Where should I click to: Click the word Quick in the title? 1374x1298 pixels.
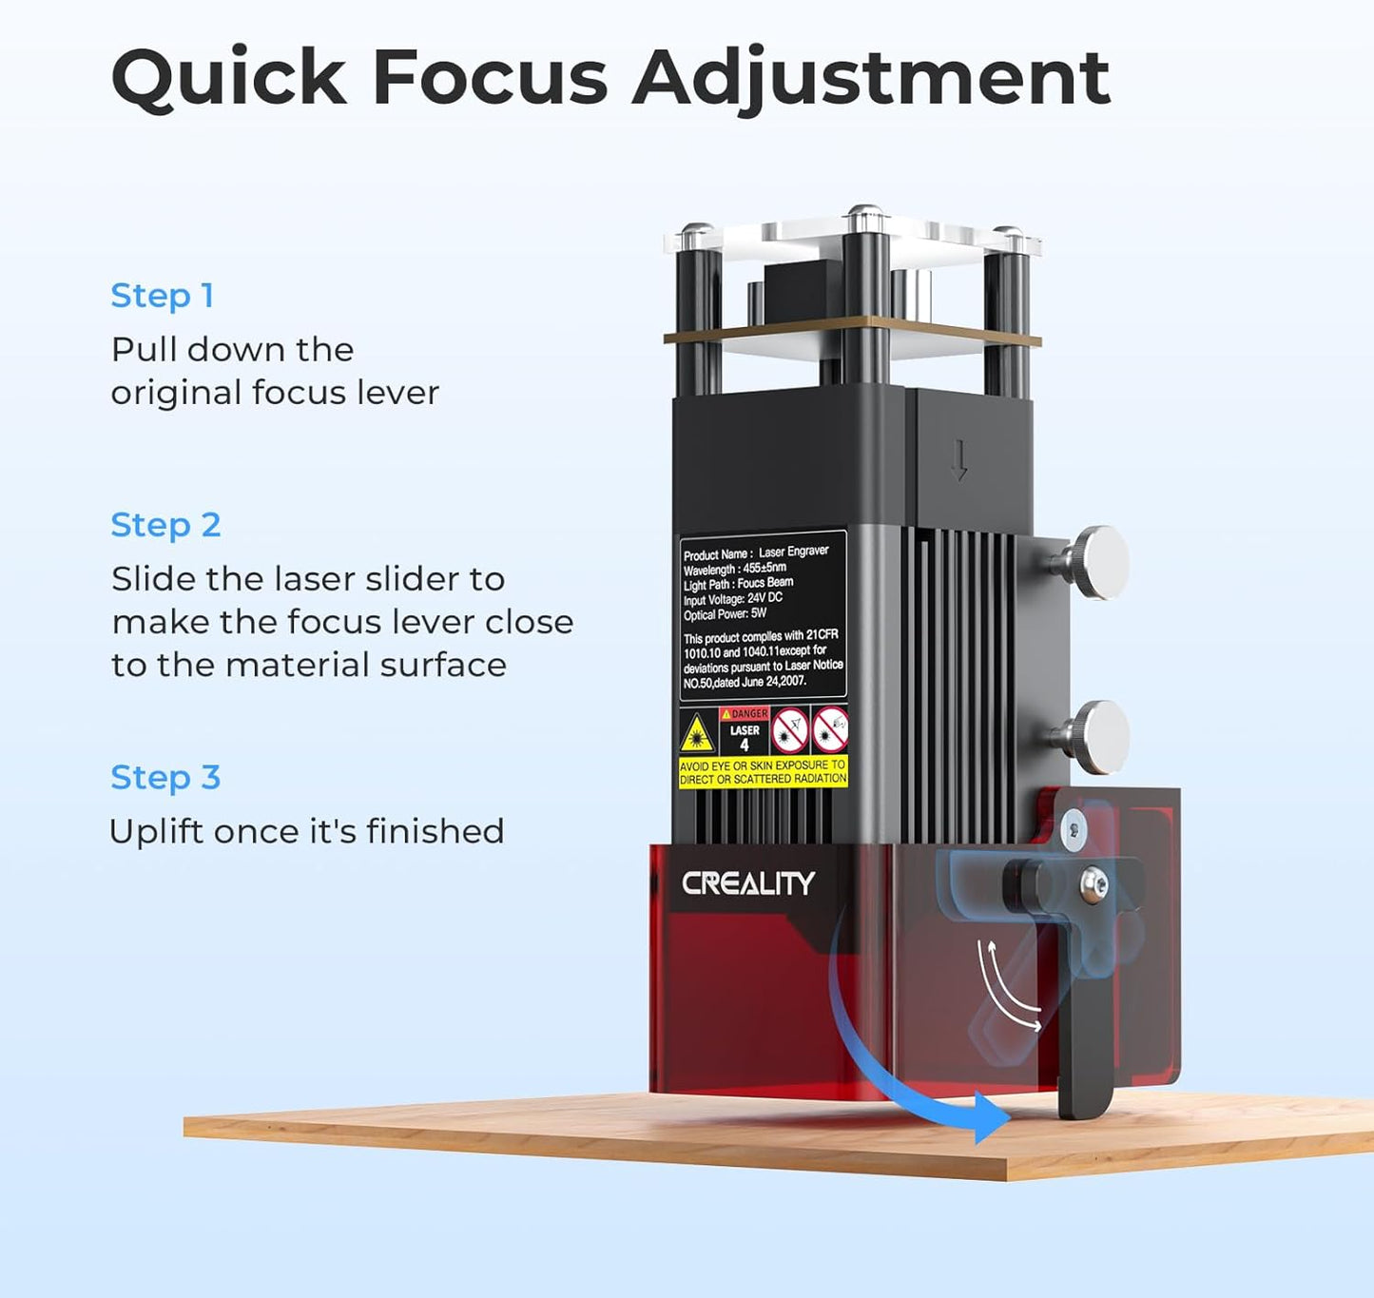[x=228, y=77]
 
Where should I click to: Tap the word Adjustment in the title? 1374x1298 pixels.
[x=871, y=77]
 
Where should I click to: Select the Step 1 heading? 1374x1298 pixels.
[x=163, y=296]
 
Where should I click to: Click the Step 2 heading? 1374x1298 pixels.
[x=166, y=525]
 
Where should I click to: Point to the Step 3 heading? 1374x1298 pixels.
[x=166, y=777]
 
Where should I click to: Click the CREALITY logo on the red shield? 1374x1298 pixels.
[x=748, y=883]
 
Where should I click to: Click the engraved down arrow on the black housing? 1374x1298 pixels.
[x=958, y=460]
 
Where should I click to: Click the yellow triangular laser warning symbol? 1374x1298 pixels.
[x=697, y=733]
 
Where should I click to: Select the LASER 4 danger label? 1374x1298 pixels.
[x=745, y=730]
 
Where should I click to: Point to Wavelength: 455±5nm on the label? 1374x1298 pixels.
[x=735, y=569]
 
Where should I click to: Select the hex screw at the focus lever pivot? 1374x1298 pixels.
[x=1093, y=885]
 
